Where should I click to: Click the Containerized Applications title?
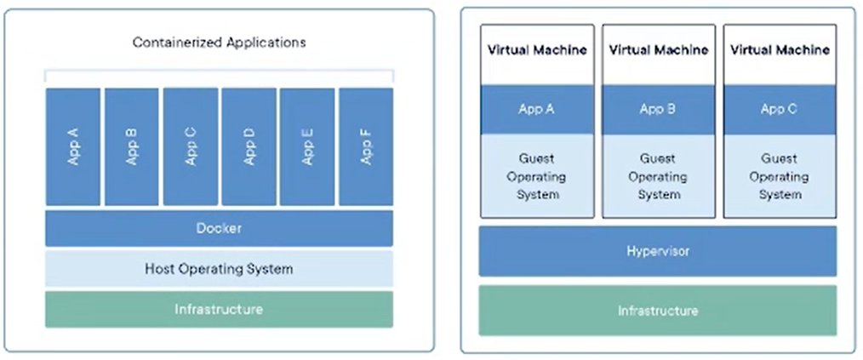coord(219,43)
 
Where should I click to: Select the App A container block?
coord(73,146)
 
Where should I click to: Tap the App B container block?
coord(132,146)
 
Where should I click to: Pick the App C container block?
coord(191,146)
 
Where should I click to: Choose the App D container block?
coord(249,146)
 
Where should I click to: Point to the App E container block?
coord(307,146)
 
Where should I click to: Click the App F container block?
coord(366,146)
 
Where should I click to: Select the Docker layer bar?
coord(219,228)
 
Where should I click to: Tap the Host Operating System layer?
coord(219,269)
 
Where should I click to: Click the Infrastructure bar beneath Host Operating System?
coord(219,309)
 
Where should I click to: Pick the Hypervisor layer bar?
coord(658,251)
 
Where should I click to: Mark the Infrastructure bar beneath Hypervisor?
coord(658,311)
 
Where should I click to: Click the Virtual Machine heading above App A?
coord(537,50)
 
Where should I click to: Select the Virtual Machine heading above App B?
coord(658,50)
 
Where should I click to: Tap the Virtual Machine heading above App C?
coord(780,50)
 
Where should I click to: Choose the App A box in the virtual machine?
coord(537,110)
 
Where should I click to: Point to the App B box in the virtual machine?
coord(659,110)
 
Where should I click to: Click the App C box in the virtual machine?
coord(780,110)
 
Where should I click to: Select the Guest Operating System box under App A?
coord(537,175)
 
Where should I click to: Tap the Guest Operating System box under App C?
coord(780,175)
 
